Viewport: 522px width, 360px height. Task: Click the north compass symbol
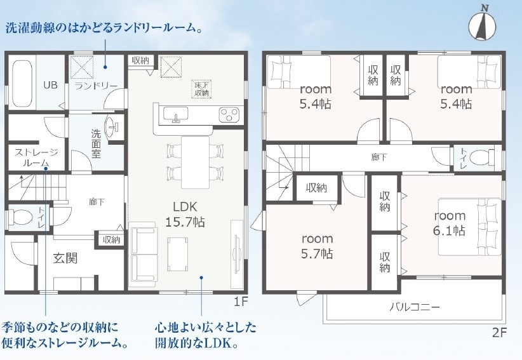482,24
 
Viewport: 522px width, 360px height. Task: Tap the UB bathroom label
50,85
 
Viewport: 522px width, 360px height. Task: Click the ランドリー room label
96,86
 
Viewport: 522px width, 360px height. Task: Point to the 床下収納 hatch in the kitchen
202,89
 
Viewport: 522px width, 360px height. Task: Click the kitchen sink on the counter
175,115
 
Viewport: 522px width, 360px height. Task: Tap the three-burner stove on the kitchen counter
229,115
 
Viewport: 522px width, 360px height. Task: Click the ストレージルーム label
36,157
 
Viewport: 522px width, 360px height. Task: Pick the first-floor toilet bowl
20,218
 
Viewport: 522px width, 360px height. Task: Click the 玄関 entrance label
65,258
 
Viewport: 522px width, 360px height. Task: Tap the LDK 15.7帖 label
185,214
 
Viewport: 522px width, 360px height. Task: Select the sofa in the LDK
144,254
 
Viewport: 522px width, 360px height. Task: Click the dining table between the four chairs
195,162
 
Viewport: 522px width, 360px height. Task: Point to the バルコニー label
415,307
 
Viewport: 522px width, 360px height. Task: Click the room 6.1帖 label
450,223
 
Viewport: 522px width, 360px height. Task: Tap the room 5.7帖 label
317,246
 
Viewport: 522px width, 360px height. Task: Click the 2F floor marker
499,333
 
